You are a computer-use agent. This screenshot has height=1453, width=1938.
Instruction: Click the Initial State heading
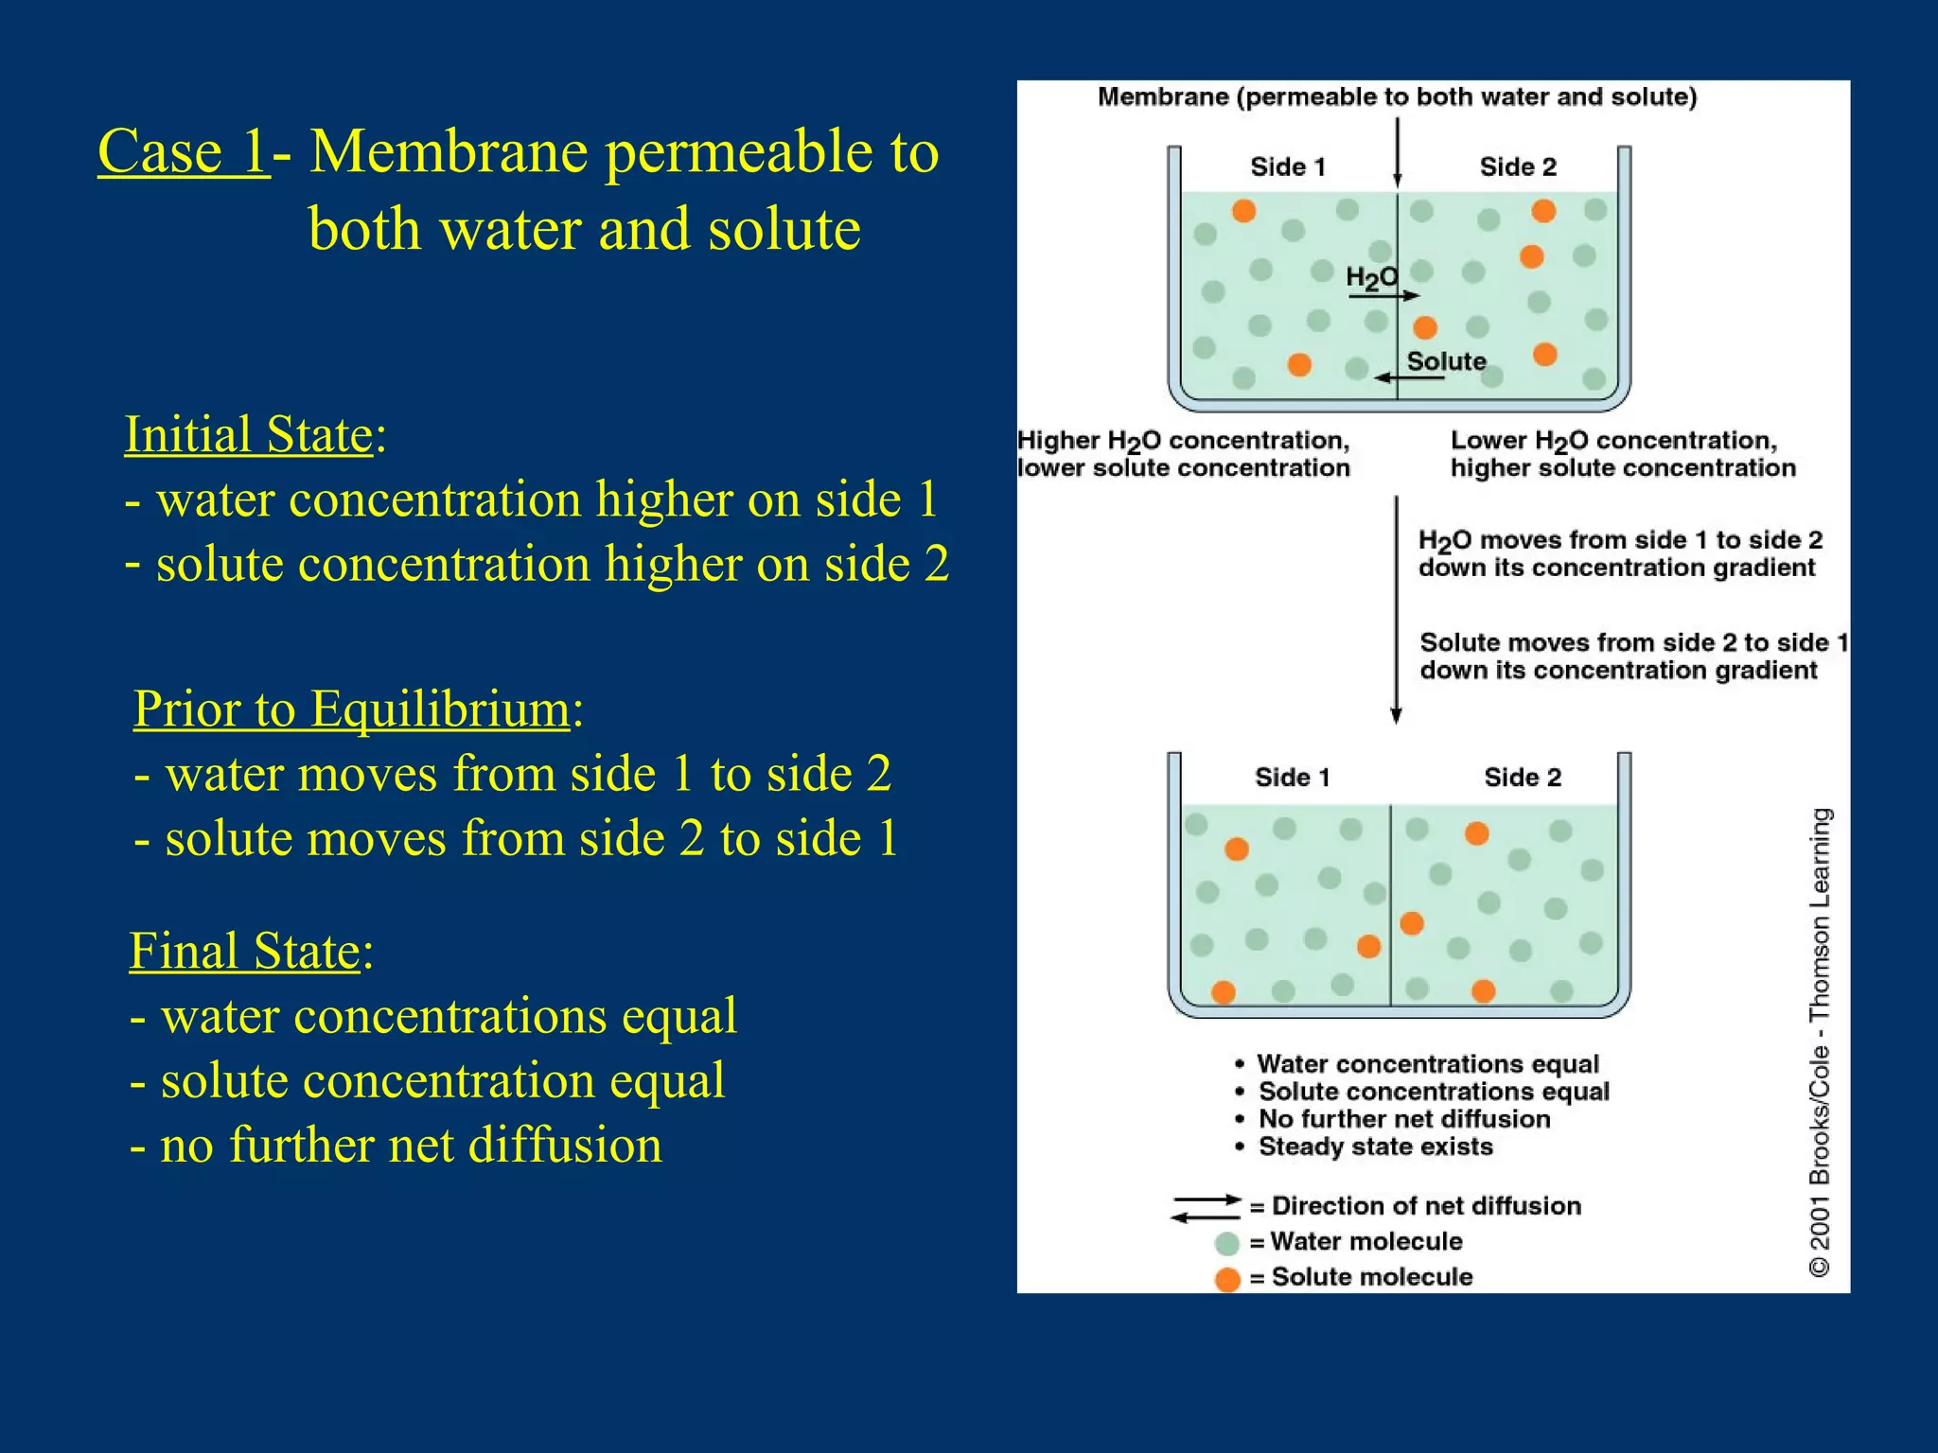point(249,435)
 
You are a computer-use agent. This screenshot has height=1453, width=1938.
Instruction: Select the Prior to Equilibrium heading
point(351,709)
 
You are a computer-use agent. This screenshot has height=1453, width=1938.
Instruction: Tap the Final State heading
point(245,951)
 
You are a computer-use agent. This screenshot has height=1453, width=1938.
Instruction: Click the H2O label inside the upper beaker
point(1370,277)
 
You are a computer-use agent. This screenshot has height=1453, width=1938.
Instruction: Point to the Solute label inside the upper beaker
point(1446,361)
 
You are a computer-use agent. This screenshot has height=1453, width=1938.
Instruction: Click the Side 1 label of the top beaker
point(1288,167)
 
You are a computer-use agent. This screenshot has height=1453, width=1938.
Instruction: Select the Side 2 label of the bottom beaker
point(1523,778)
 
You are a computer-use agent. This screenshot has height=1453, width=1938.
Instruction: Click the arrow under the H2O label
point(1383,296)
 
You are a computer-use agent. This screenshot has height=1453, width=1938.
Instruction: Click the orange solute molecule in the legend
point(1227,1279)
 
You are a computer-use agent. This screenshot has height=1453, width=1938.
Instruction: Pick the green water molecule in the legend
point(1227,1243)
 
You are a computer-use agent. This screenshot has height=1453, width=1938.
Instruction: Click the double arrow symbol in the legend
point(1206,1208)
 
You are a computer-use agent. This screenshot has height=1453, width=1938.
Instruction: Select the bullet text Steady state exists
point(1375,1147)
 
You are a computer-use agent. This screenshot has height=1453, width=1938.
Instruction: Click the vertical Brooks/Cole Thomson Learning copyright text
point(1820,1041)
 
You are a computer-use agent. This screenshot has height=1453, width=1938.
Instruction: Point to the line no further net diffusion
point(396,1146)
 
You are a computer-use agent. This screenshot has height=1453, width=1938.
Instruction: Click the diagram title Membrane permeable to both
point(1397,97)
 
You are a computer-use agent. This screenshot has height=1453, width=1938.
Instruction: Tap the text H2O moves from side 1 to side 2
point(1619,541)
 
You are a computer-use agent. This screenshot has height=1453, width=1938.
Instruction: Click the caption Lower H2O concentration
point(1613,442)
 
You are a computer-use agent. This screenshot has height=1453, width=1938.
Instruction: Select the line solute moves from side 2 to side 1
point(516,839)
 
